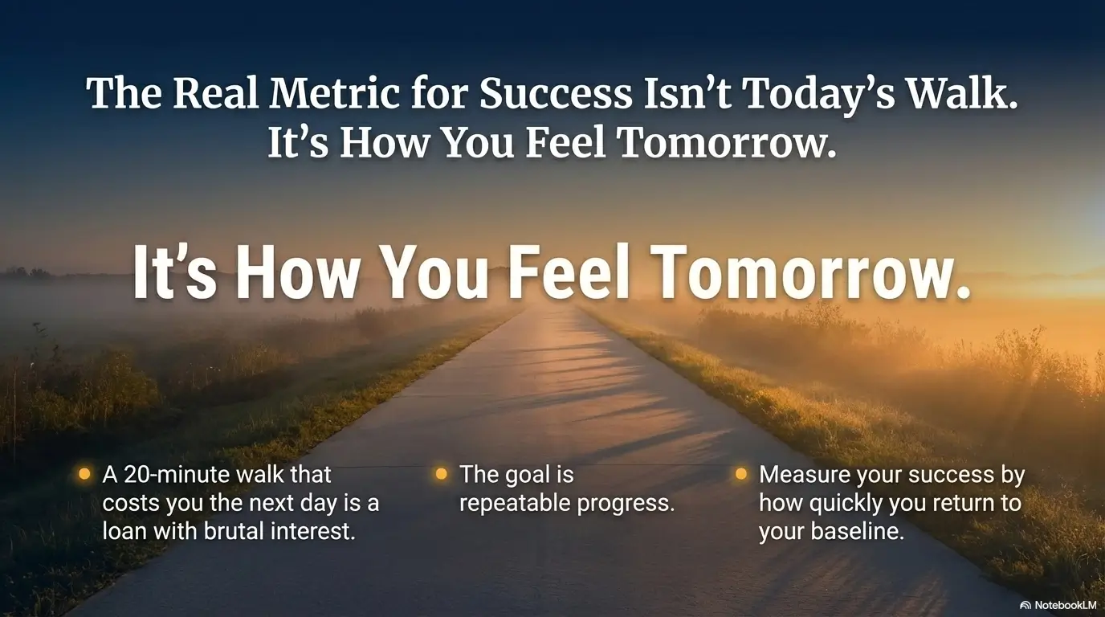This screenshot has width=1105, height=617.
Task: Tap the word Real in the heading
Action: (x=215, y=93)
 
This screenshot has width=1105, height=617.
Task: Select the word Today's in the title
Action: (x=818, y=96)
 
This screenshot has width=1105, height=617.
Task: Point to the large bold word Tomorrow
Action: (x=811, y=273)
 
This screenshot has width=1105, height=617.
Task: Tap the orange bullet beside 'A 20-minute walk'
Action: (x=84, y=474)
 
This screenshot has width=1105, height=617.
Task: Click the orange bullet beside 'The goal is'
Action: (x=442, y=474)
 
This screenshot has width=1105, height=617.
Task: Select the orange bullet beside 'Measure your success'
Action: (x=741, y=474)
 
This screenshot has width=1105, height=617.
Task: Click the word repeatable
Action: (x=515, y=504)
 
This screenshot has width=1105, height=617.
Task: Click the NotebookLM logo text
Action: (x=1063, y=605)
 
